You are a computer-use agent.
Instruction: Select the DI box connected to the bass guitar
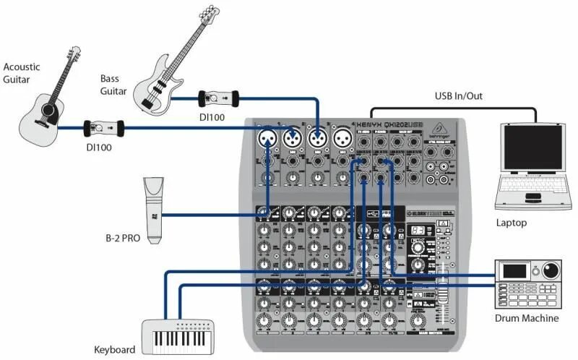(x=217, y=96)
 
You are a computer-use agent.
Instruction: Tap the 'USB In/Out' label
(x=460, y=95)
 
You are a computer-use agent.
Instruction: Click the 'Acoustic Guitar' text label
(x=22, y=73)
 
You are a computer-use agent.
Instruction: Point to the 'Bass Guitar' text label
(x=113, y=85)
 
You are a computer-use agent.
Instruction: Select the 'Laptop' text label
(x=511, y=223)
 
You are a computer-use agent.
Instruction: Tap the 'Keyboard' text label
(x=115, y=350)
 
